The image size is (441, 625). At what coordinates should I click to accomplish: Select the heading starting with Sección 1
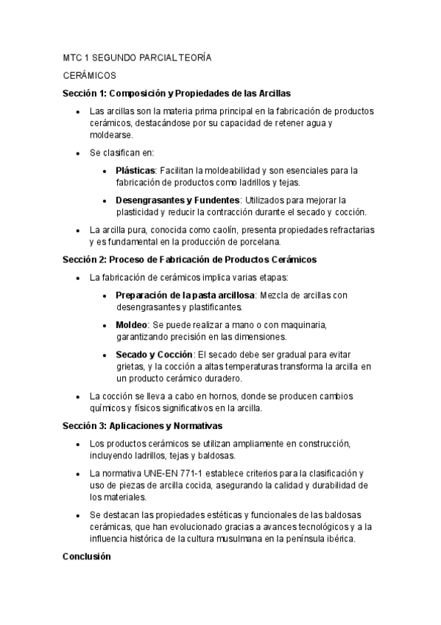177,94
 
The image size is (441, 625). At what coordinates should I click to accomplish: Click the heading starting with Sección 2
190,259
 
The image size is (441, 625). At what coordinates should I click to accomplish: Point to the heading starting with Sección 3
152,425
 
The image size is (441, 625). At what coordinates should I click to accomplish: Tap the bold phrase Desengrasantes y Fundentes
177,200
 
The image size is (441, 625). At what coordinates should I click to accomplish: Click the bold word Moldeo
132,324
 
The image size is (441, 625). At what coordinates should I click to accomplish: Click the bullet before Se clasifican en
79,153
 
